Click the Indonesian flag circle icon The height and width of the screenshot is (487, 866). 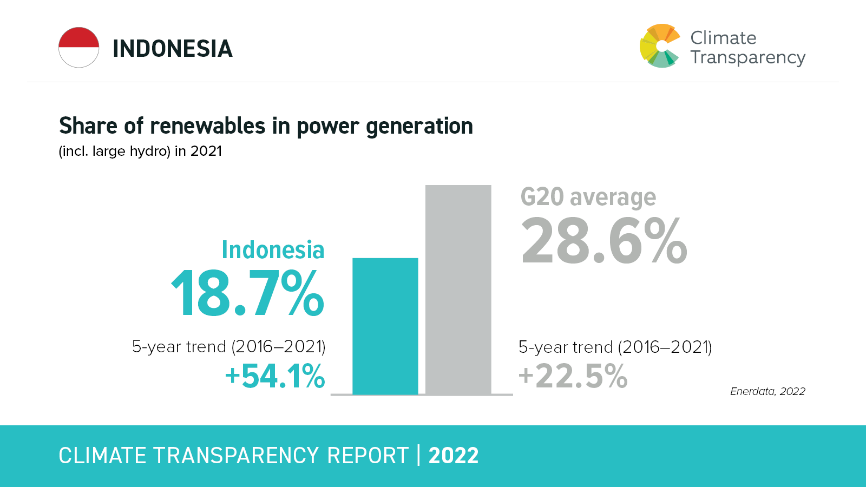79,48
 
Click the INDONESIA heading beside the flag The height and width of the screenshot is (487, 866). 172,49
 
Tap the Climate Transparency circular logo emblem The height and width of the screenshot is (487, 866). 659,46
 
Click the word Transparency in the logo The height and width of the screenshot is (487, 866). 747,57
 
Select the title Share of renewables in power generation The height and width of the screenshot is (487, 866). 266,126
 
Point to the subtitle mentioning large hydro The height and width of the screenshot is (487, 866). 140,151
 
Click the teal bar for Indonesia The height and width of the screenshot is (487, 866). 385,326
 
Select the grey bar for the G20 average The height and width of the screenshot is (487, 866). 458,289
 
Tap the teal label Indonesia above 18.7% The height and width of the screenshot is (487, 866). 273,250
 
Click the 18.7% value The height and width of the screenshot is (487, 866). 247,294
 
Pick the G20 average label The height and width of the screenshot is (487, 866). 588,198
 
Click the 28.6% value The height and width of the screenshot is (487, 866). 603,241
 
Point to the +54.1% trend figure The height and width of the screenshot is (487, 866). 275,376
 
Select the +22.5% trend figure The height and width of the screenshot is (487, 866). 573,376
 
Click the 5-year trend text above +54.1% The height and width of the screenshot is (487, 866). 228,346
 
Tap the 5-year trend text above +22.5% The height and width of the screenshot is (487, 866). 615,347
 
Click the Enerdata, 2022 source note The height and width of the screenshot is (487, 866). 767,391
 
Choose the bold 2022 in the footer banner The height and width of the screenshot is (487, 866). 454,456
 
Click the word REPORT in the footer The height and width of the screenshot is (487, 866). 368,456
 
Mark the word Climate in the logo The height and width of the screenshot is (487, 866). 723,38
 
